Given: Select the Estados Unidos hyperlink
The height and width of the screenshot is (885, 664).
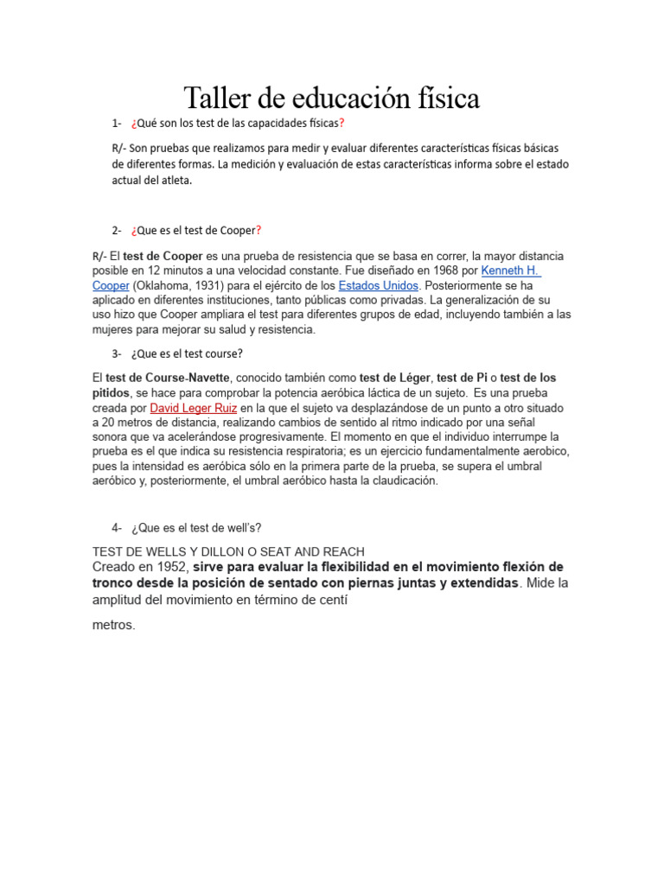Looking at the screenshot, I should point(379,285).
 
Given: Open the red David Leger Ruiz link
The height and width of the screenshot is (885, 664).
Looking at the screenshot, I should point(194,407).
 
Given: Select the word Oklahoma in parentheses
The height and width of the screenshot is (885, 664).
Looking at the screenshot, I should point(165,285).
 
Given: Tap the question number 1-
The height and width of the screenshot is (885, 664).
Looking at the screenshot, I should point(117,123).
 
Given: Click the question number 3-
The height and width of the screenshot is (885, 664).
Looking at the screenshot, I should point(117,353).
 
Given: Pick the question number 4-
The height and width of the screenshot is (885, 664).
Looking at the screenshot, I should point(117,528).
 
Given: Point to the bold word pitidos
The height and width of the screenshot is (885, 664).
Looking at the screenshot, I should point(111,392).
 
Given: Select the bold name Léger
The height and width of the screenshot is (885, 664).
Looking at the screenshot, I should point(412,378).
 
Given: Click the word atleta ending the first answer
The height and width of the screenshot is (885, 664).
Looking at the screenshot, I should point(175,181).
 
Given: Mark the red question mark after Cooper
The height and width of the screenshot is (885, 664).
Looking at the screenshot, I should point(258,230).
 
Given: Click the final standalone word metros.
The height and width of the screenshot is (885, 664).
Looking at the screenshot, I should point(113,625).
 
